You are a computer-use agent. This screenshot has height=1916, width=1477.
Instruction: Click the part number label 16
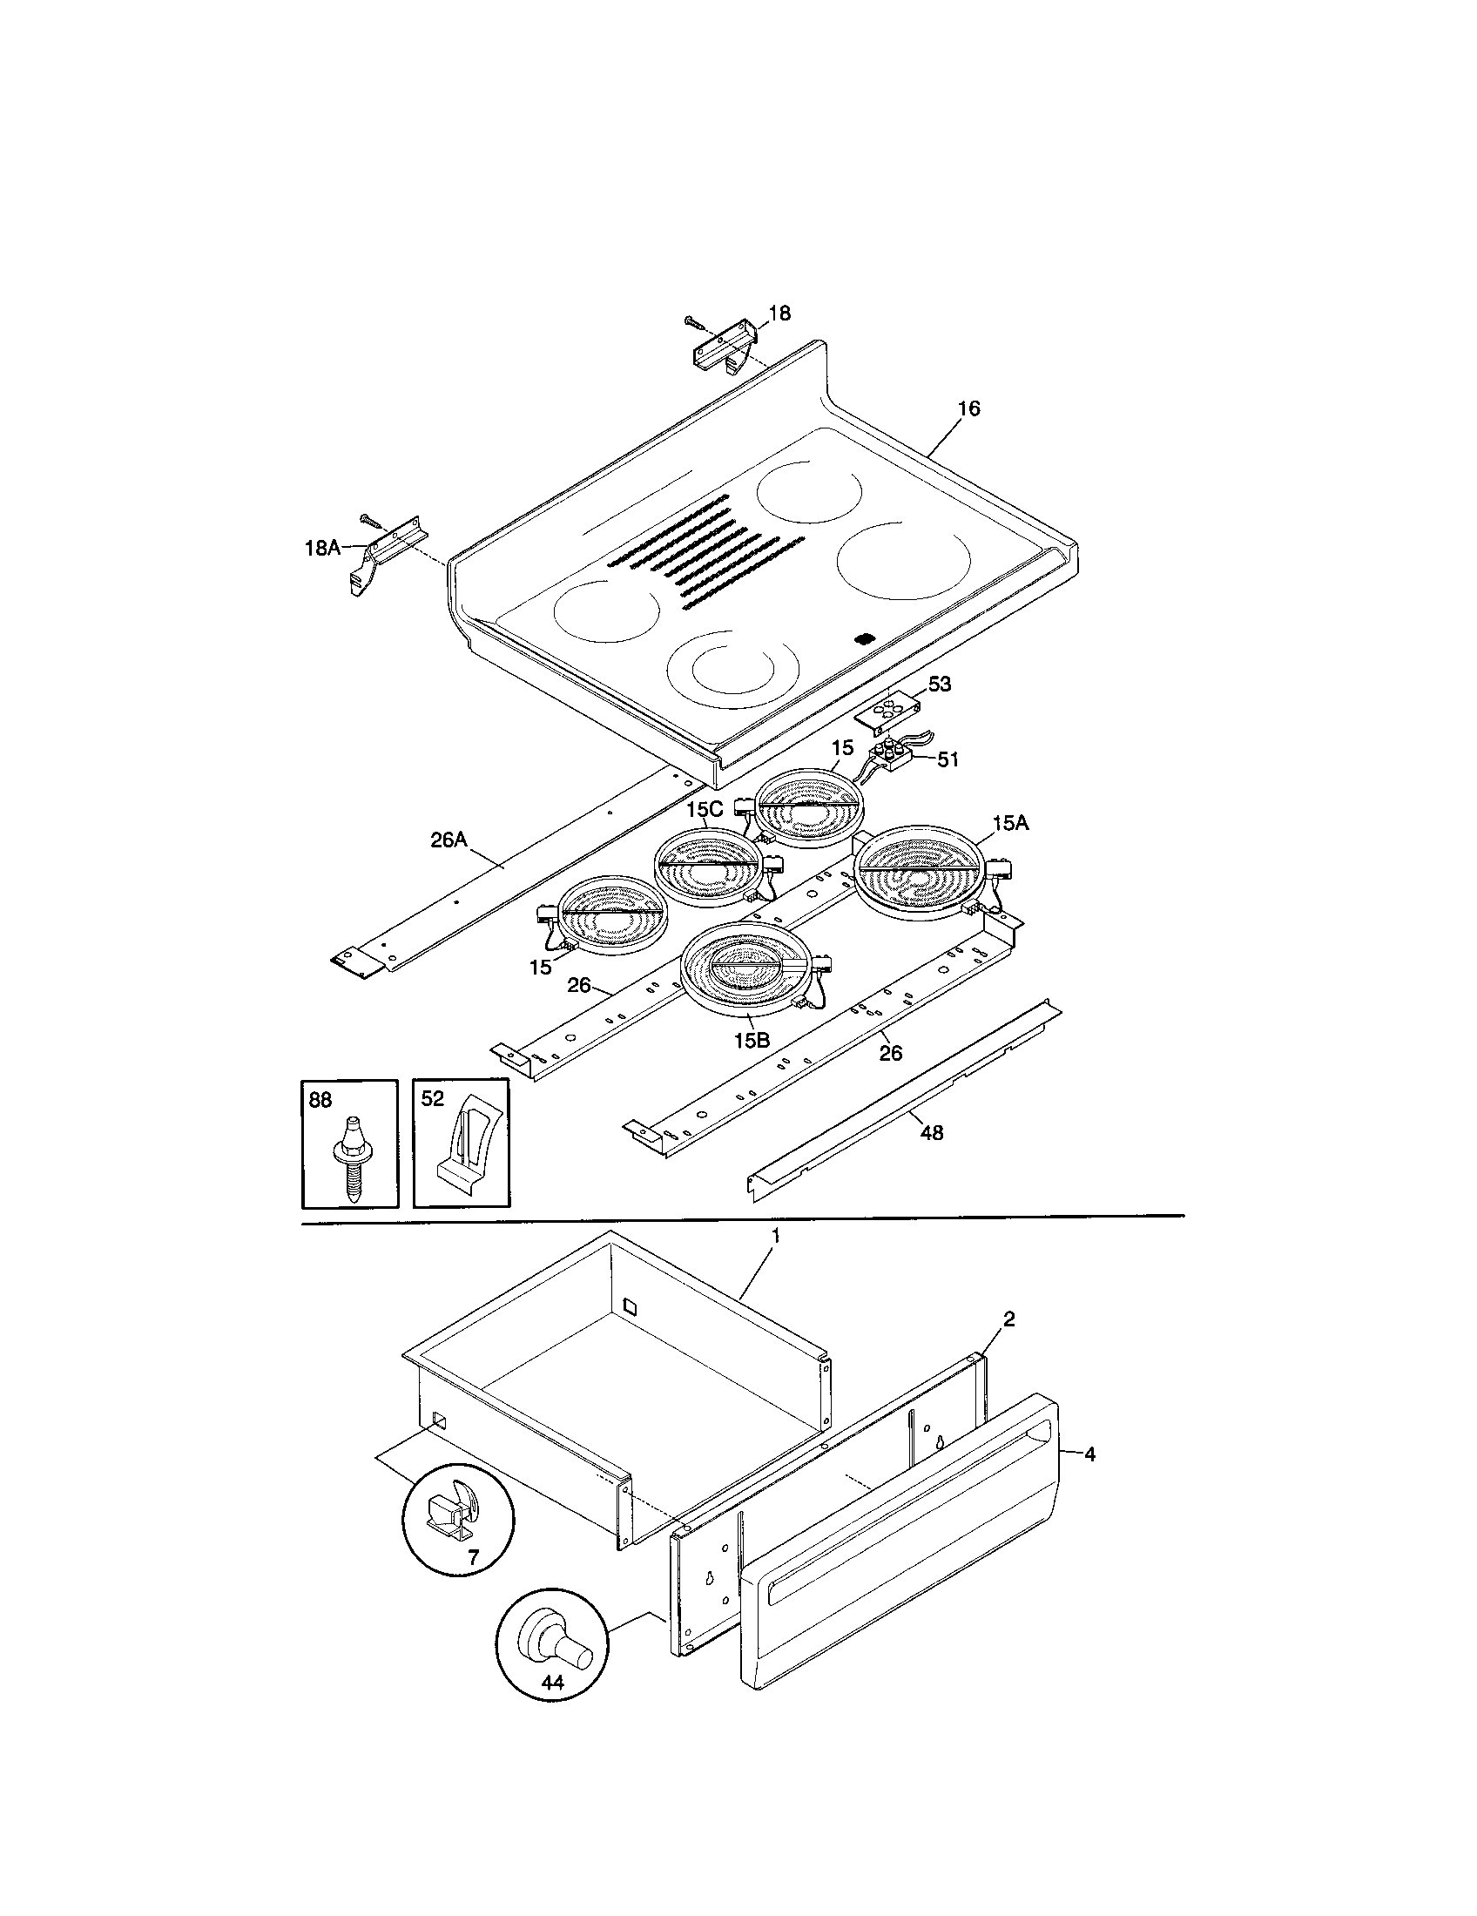(968, 408)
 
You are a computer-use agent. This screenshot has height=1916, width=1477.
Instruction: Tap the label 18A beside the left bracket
(321, 549)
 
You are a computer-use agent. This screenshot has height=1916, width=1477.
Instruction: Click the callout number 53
(940, 684)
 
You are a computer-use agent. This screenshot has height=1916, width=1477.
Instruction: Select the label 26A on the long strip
(448, 840)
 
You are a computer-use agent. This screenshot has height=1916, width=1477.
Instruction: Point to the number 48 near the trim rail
(933, 1132)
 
